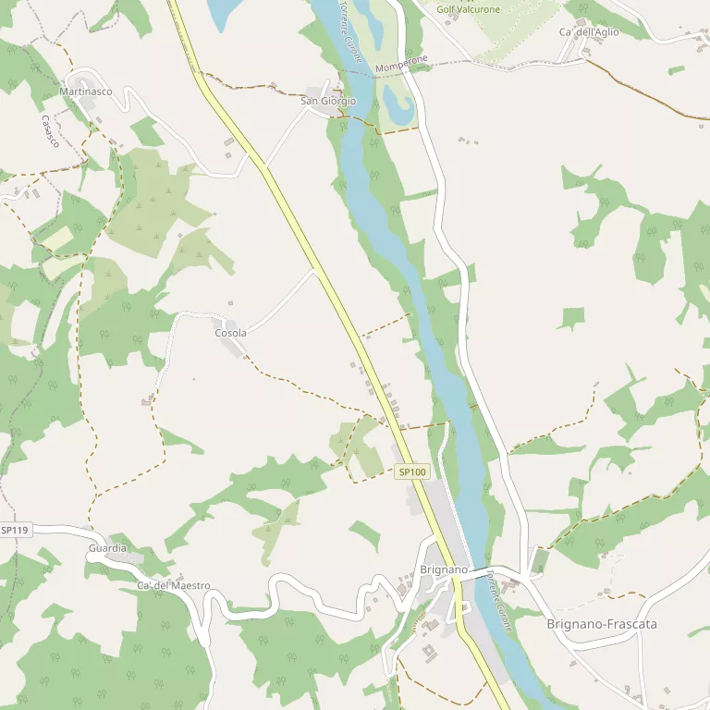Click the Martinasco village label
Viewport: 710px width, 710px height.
coord(86,92)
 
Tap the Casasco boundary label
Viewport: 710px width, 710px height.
coord(50,131)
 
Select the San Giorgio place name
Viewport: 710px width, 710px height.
coord(328,101)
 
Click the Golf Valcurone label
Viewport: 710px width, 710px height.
coord(469,9)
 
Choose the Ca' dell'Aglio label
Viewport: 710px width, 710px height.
coord(589,31)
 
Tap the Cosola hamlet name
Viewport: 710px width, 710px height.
coord(230,333)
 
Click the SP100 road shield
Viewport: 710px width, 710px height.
coord(412,471)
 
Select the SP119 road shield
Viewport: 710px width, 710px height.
coord(15,530)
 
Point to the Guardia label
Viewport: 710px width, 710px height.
coord(107,548)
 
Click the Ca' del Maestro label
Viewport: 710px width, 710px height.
coord(173,586)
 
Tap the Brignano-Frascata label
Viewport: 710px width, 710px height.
coord(602,624)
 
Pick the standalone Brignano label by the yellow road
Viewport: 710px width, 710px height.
coord(444,569)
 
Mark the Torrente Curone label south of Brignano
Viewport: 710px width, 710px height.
coord(497,600)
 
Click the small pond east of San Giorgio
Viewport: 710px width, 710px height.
coord(398,105)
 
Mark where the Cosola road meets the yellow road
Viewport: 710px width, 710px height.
coord(315,270)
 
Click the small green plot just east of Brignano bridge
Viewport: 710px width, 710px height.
coord(539,559)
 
